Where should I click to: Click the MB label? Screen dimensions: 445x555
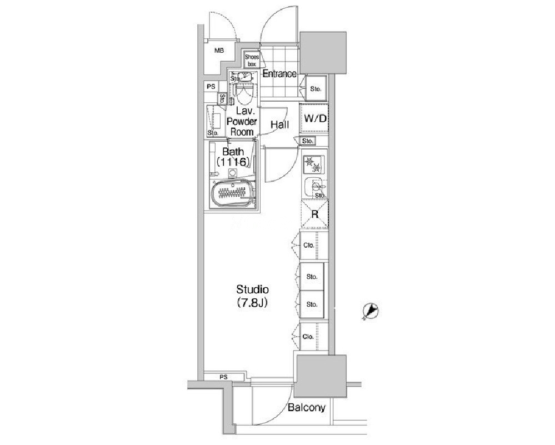point(219,51)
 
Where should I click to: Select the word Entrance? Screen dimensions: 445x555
point(279,74)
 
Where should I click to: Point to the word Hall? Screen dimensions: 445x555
point(279,125)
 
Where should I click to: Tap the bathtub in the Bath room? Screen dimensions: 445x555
point(233,194)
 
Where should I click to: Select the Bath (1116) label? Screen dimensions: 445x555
point(234,156)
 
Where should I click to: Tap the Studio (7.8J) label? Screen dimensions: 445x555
point(253,296)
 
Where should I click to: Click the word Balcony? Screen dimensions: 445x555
point(306,408)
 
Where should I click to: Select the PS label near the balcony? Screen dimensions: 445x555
point(223,378)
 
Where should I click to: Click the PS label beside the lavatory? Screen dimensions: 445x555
point(211,87)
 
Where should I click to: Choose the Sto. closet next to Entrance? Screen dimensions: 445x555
point(315,88)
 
